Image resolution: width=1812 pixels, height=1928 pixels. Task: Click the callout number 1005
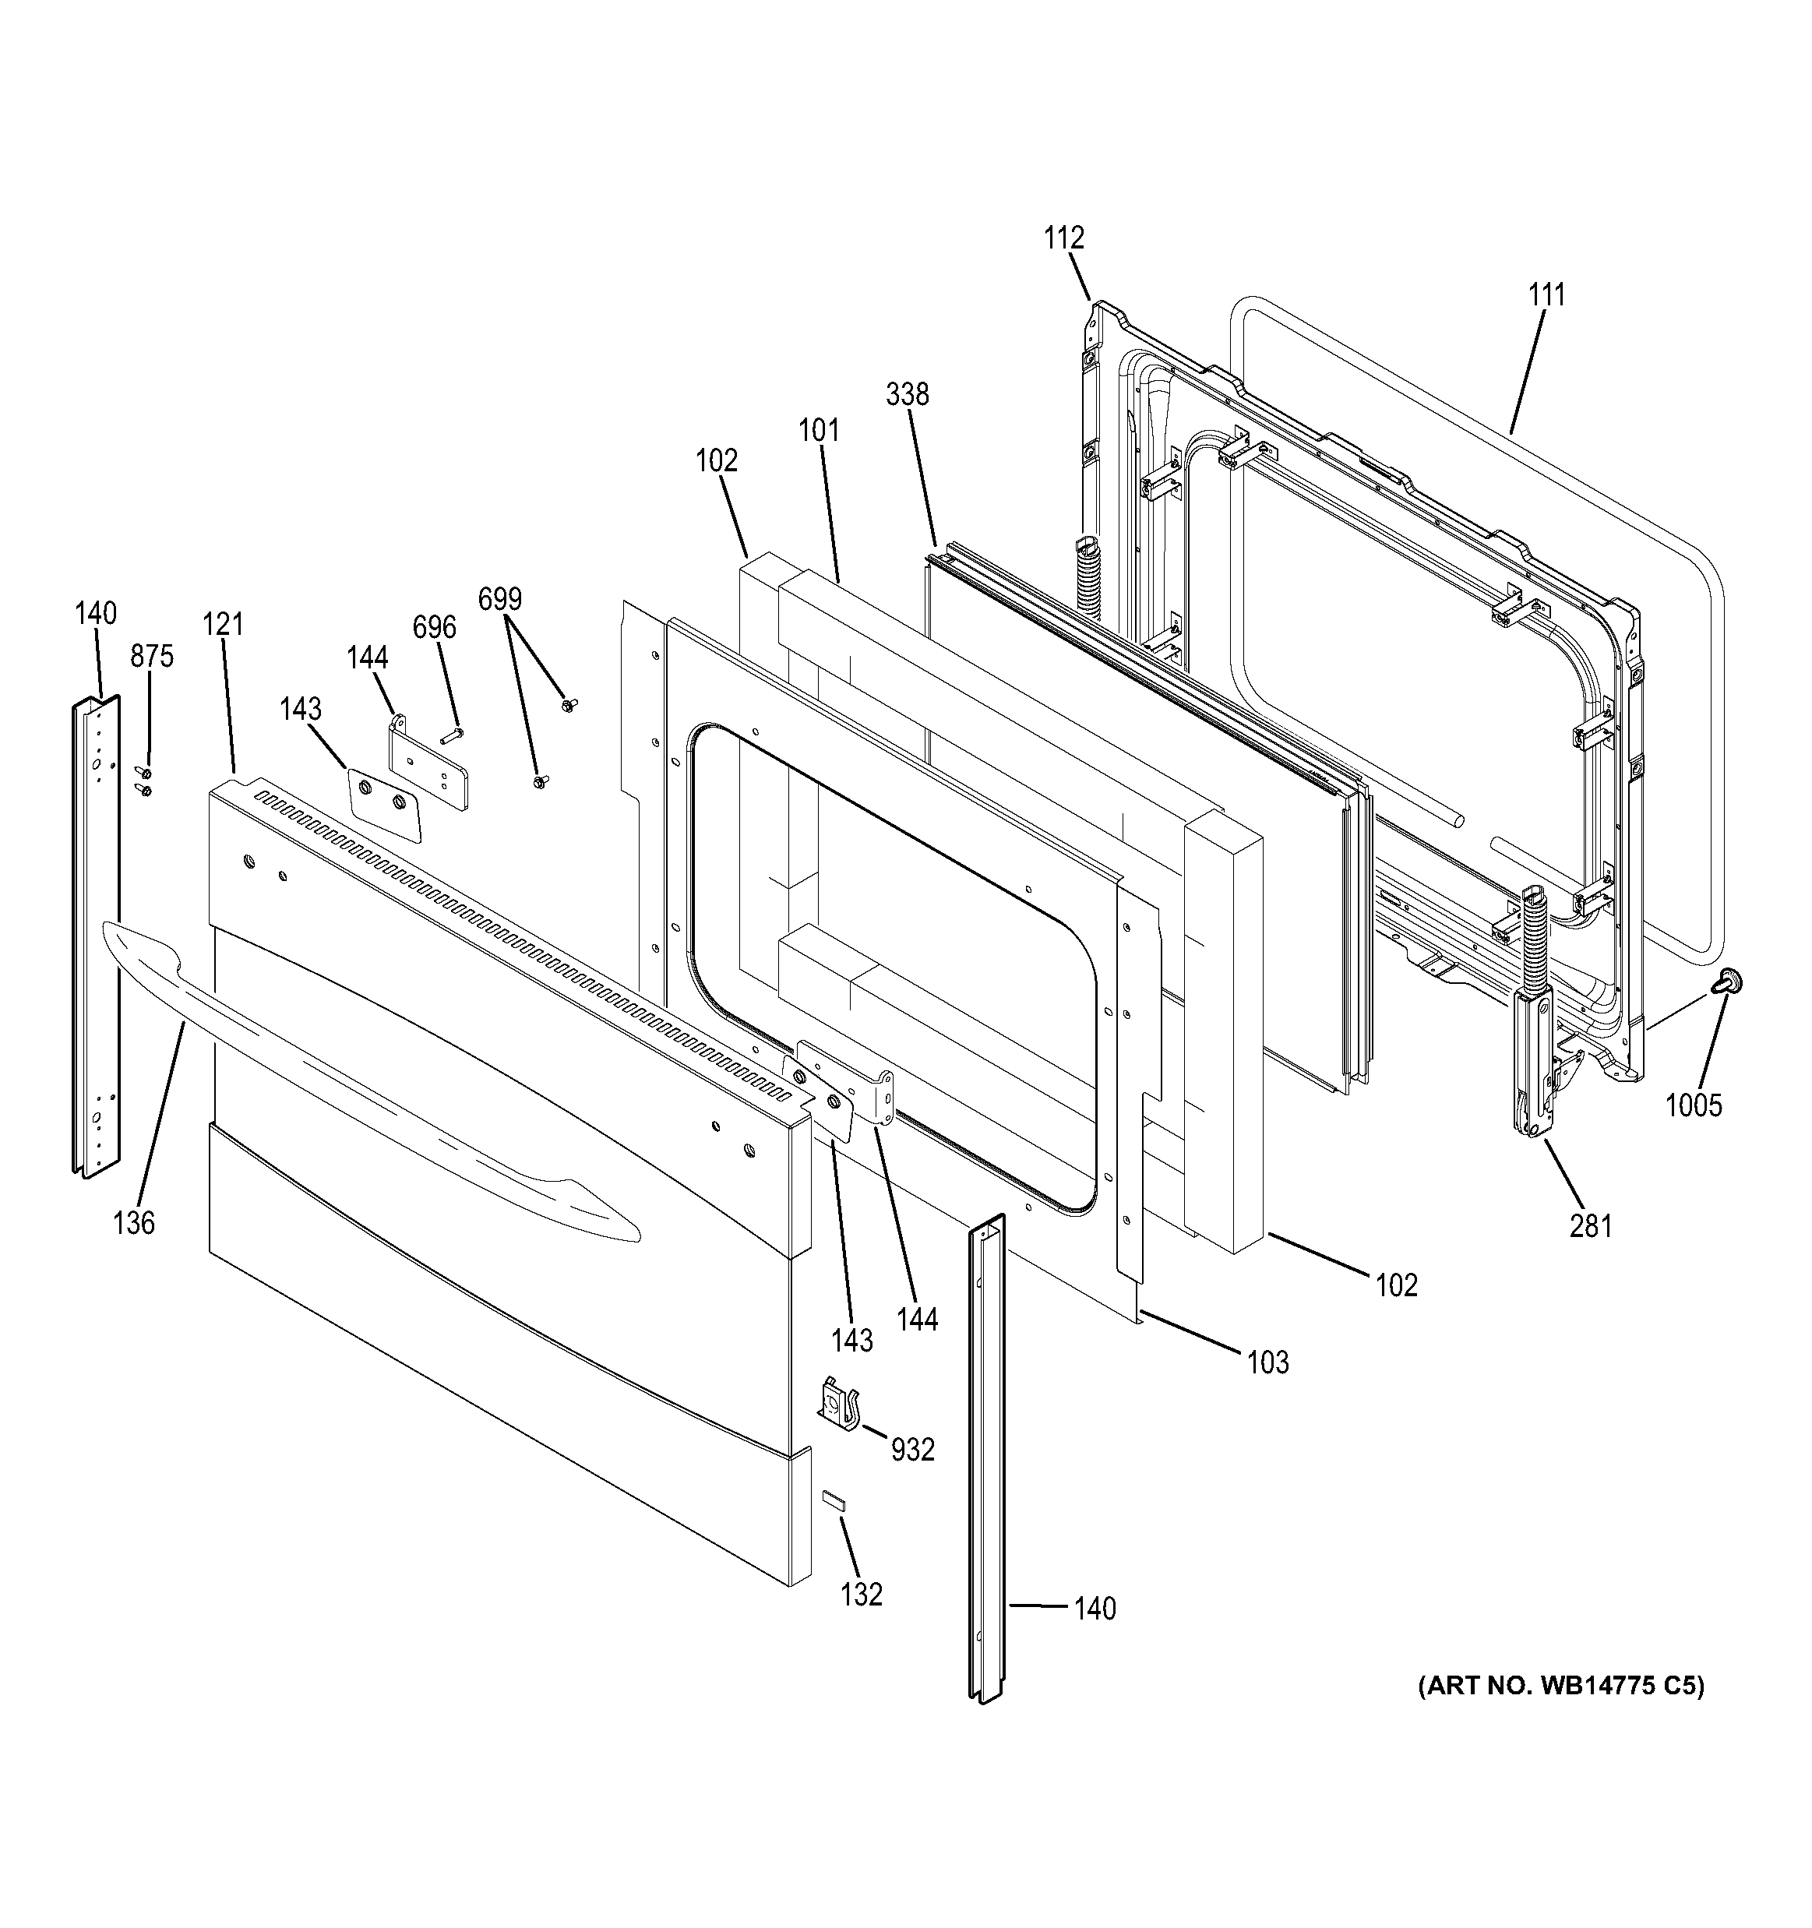point(1694,1105)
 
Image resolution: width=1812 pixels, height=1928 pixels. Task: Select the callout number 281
point(1591,1226)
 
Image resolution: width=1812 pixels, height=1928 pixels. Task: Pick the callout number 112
point(1064,238)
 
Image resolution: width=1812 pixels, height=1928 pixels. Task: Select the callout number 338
point(907,395)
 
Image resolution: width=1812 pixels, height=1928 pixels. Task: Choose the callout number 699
point(499,599)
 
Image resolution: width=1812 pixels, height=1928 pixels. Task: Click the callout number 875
point(152,657)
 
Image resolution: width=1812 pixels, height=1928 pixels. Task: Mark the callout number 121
point(223,625)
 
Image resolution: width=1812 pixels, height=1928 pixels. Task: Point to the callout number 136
point(134,1223)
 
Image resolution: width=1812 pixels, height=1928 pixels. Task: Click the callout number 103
point(1267,1362)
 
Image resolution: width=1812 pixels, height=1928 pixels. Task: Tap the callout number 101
point(819,430)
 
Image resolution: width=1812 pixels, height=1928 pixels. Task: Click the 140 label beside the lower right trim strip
point(1095,1608)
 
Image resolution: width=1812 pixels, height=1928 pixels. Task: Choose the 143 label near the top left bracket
point(301,709)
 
